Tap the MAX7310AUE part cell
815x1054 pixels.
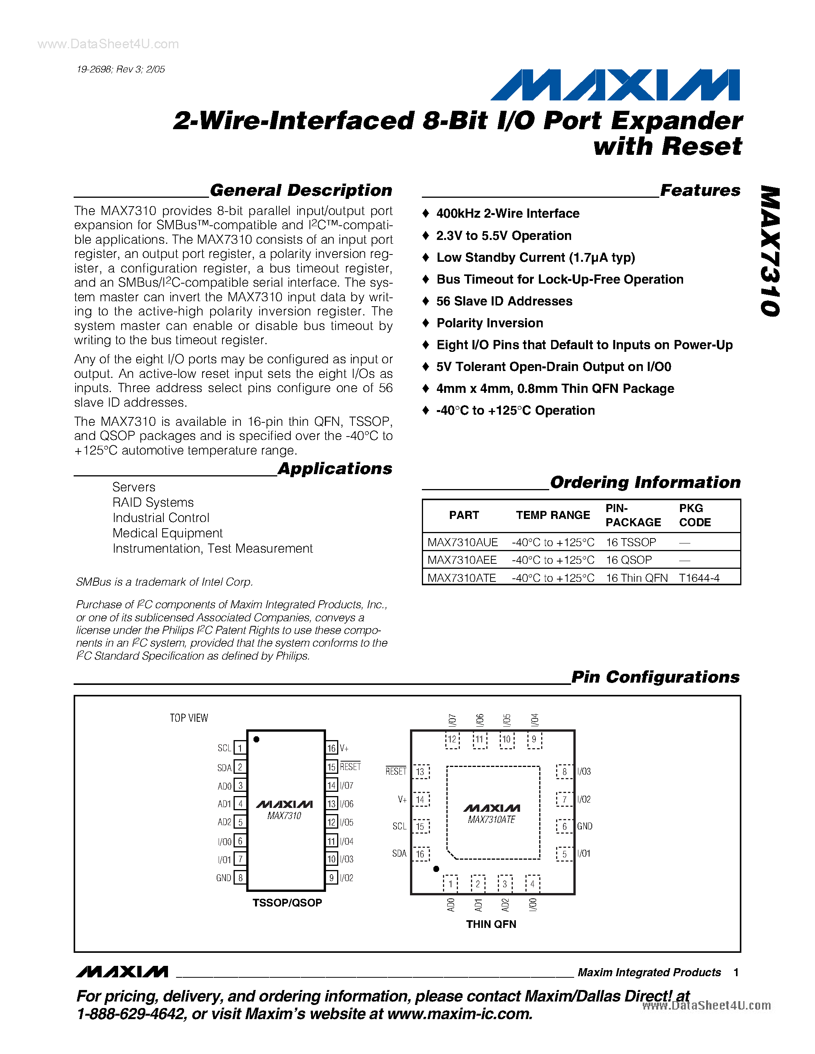(462, 542)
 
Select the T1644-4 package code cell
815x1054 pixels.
(699, 578)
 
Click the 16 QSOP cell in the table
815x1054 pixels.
(629, 560)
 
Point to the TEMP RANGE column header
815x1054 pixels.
(552, 515)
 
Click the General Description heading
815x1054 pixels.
(301, 190)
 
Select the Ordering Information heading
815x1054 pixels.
(645, 482)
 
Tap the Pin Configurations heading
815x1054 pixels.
(655, 677)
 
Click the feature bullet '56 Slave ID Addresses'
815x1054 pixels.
(504, 301)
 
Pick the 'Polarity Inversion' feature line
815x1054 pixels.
(490, 323)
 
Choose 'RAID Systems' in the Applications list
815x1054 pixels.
(153, 502)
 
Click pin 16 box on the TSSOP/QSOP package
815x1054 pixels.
(331, 748)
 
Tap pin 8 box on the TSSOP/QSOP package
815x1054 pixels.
(240, 878)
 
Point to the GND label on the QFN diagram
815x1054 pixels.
(585, 826)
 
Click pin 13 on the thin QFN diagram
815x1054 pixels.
(420, 772)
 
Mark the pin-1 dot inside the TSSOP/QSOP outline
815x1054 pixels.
(256, 739)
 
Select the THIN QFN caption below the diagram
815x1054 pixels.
(491, 924)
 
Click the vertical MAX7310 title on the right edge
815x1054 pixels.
(770, 251)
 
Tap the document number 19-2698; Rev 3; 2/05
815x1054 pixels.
(121, 69)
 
